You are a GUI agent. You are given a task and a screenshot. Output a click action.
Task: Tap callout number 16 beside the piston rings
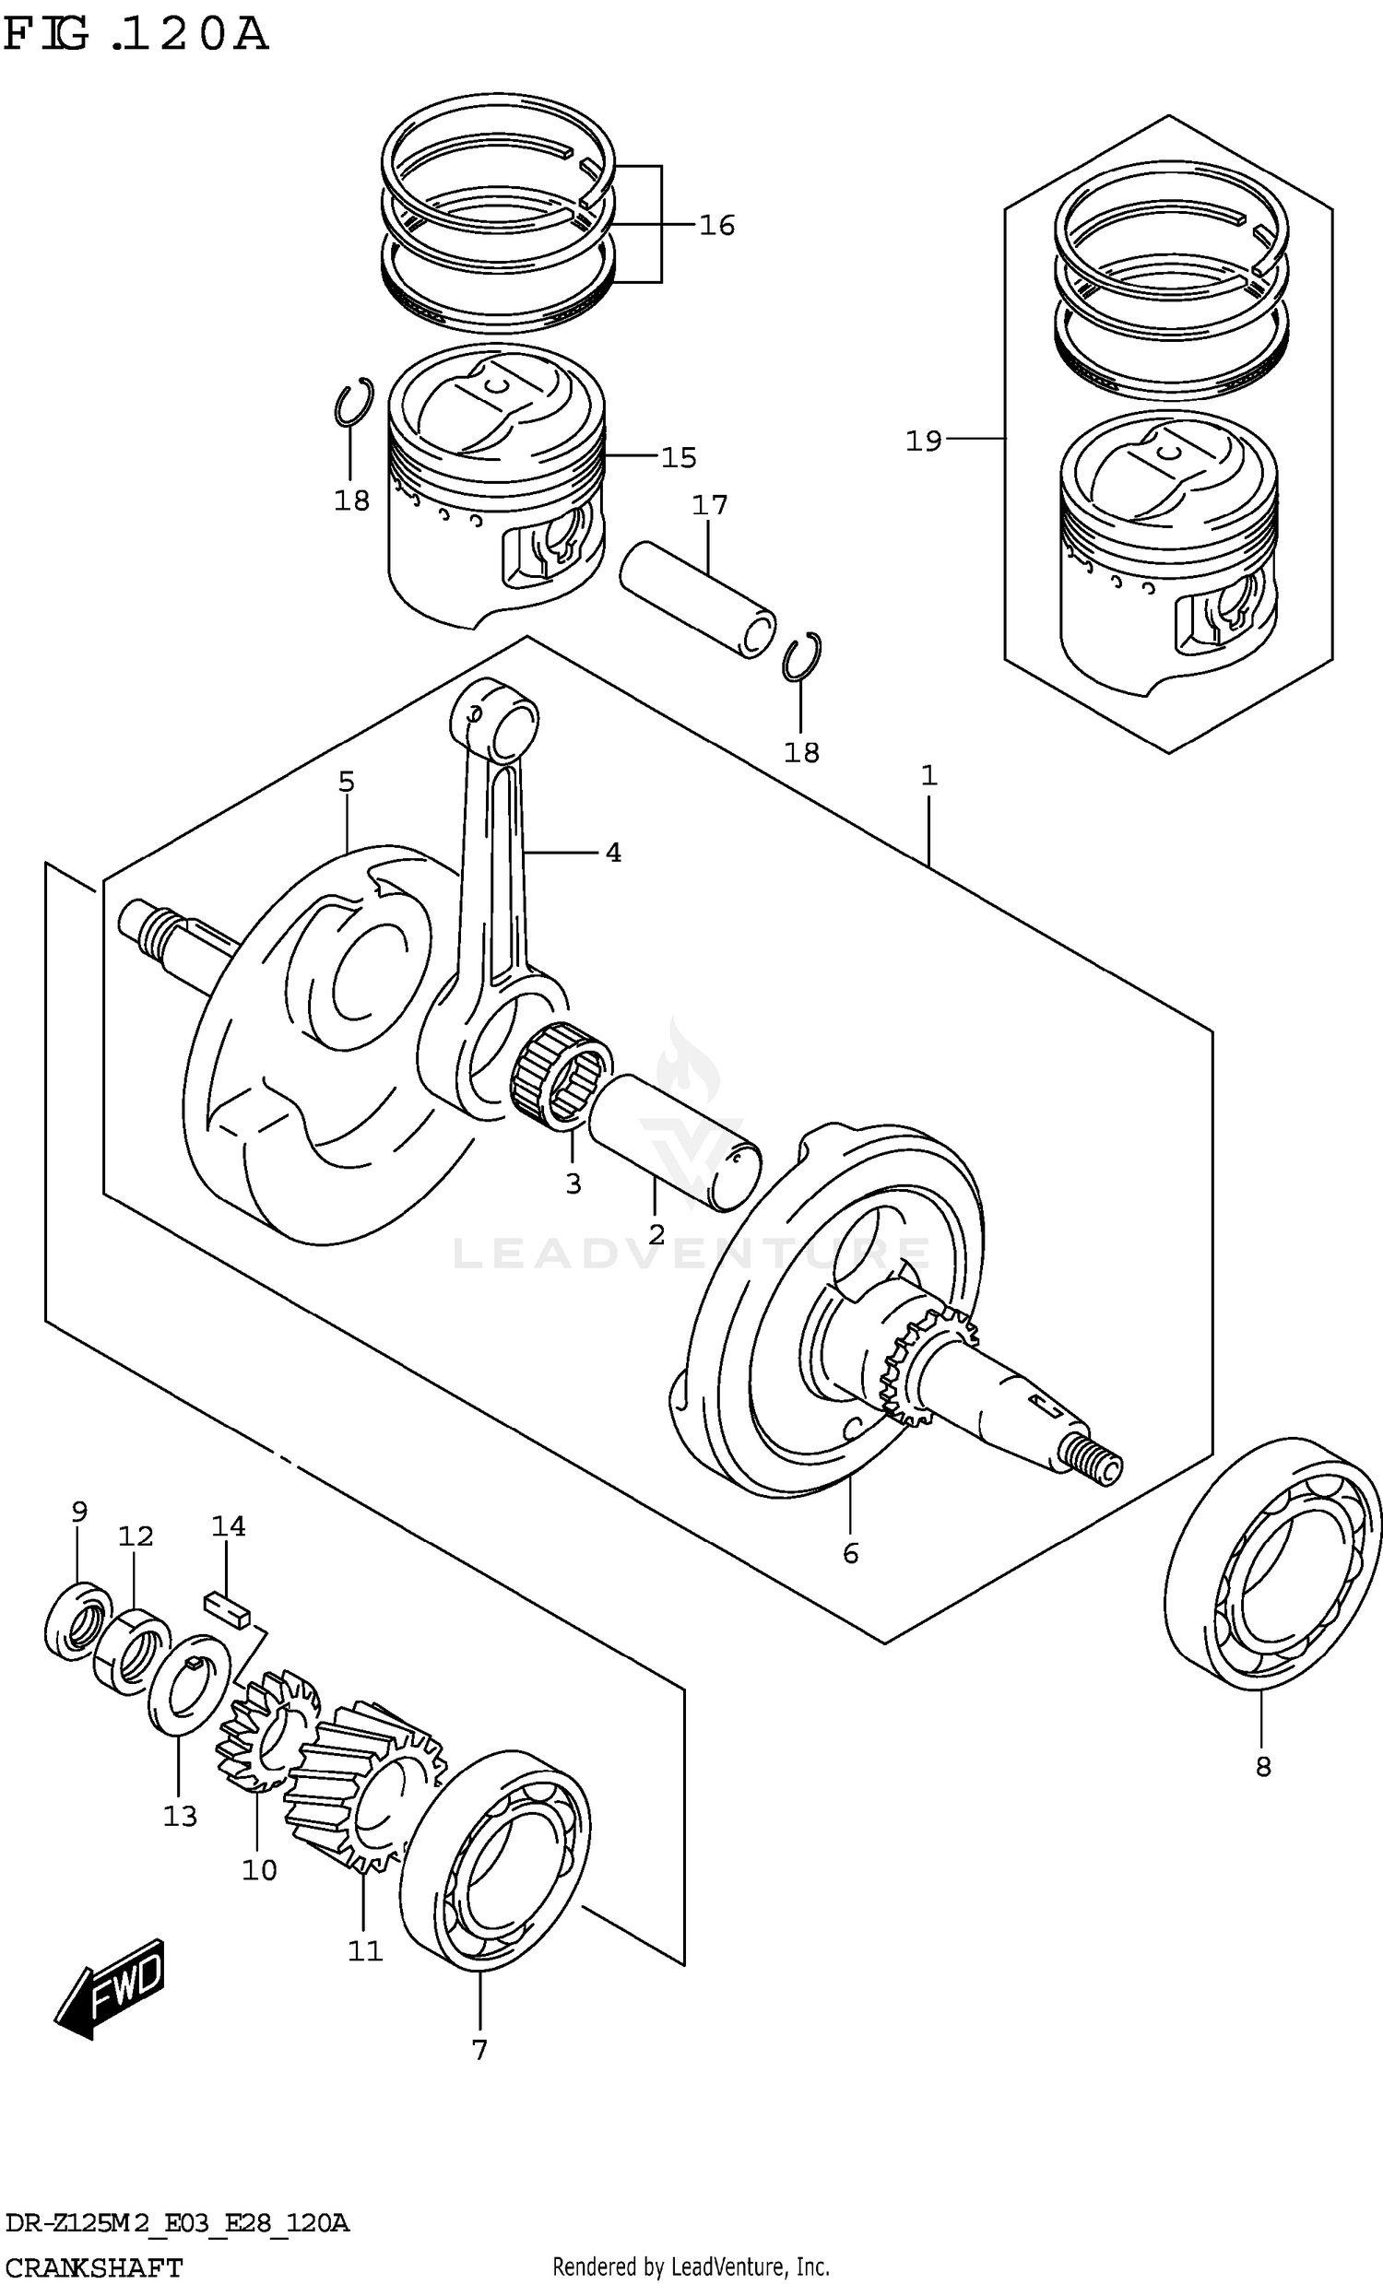[x=715, y=225]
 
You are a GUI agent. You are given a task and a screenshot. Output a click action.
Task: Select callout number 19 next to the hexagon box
[x=923, y=441]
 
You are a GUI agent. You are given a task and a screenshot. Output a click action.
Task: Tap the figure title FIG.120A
[x=136, y=34]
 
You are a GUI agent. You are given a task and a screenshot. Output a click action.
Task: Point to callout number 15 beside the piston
[x=679, y=458]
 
